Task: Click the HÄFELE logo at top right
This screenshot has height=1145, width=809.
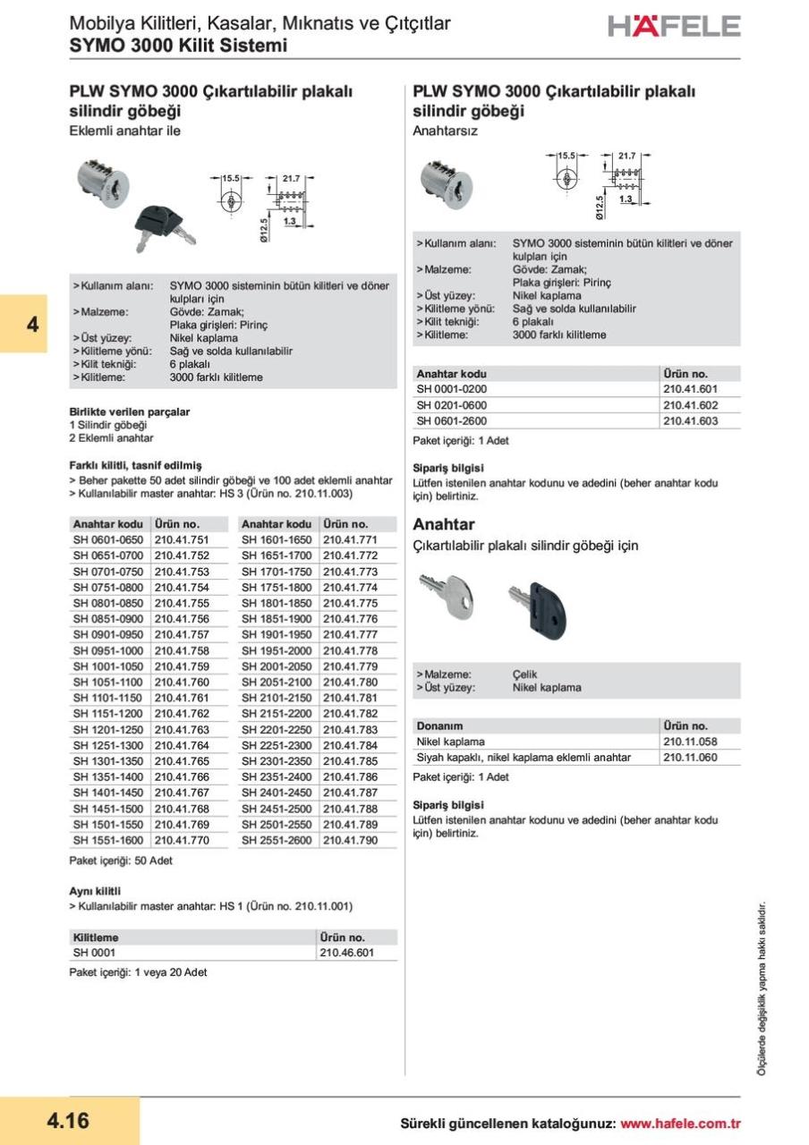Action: click(x=674, y=26)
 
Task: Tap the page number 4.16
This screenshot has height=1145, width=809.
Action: click(x=68, y=1120)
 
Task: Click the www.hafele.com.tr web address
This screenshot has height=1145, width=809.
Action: click(x=680, y=1124)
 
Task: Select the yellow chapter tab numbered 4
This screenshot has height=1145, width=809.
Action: click(x=33, y=324)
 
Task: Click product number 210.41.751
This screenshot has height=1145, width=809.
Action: click(x=182, y=540)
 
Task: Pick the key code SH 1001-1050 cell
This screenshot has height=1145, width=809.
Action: click(x=107, y=666)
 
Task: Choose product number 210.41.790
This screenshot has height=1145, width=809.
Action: click(x=350, y=840)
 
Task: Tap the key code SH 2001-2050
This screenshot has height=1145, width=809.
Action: click(x=277, y=666)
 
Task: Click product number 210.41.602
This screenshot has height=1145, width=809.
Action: click(x=690, y=404)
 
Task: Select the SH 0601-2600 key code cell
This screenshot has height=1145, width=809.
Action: click(x=452, y=420)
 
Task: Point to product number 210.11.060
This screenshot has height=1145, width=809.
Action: click(x=690, y=758)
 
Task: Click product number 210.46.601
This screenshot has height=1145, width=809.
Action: click(x=346, y=953)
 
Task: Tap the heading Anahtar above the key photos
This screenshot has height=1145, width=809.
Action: click(x=443, y=524)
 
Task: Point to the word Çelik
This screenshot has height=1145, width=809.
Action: click(x=525, y=674)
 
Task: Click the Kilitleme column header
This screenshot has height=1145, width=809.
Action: click(x=96, y=937)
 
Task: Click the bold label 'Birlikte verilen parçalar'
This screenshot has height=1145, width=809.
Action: click(x=130, y=411)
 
